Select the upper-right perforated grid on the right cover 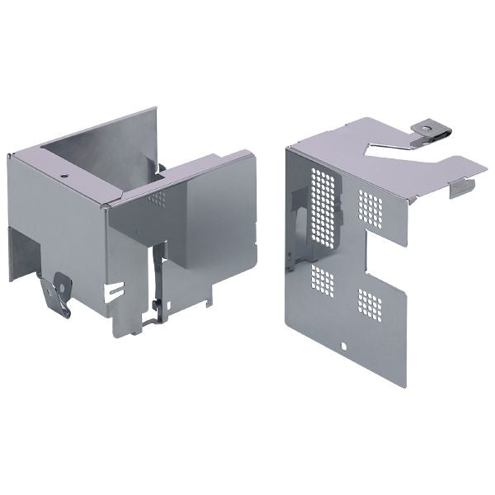click(x=370, y=208)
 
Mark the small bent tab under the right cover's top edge click(x=461, y=188)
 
